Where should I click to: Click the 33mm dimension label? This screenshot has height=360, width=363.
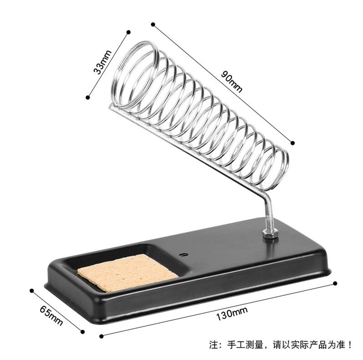pyautogui.click(x=103, y=62)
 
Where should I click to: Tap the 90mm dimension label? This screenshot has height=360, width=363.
pyautogui.click(x=231, y=80)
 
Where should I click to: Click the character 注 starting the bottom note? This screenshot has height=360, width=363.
pyautogui.click(x=213, y=345)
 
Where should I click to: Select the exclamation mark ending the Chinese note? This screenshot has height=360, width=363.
pyautogui.click(x=350, y=345)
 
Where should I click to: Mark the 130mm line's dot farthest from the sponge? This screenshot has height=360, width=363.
pyautogui.click(x=335, y=283)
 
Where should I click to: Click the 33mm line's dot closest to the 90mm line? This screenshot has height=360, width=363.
pyautogui.click(x=129, y=32)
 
